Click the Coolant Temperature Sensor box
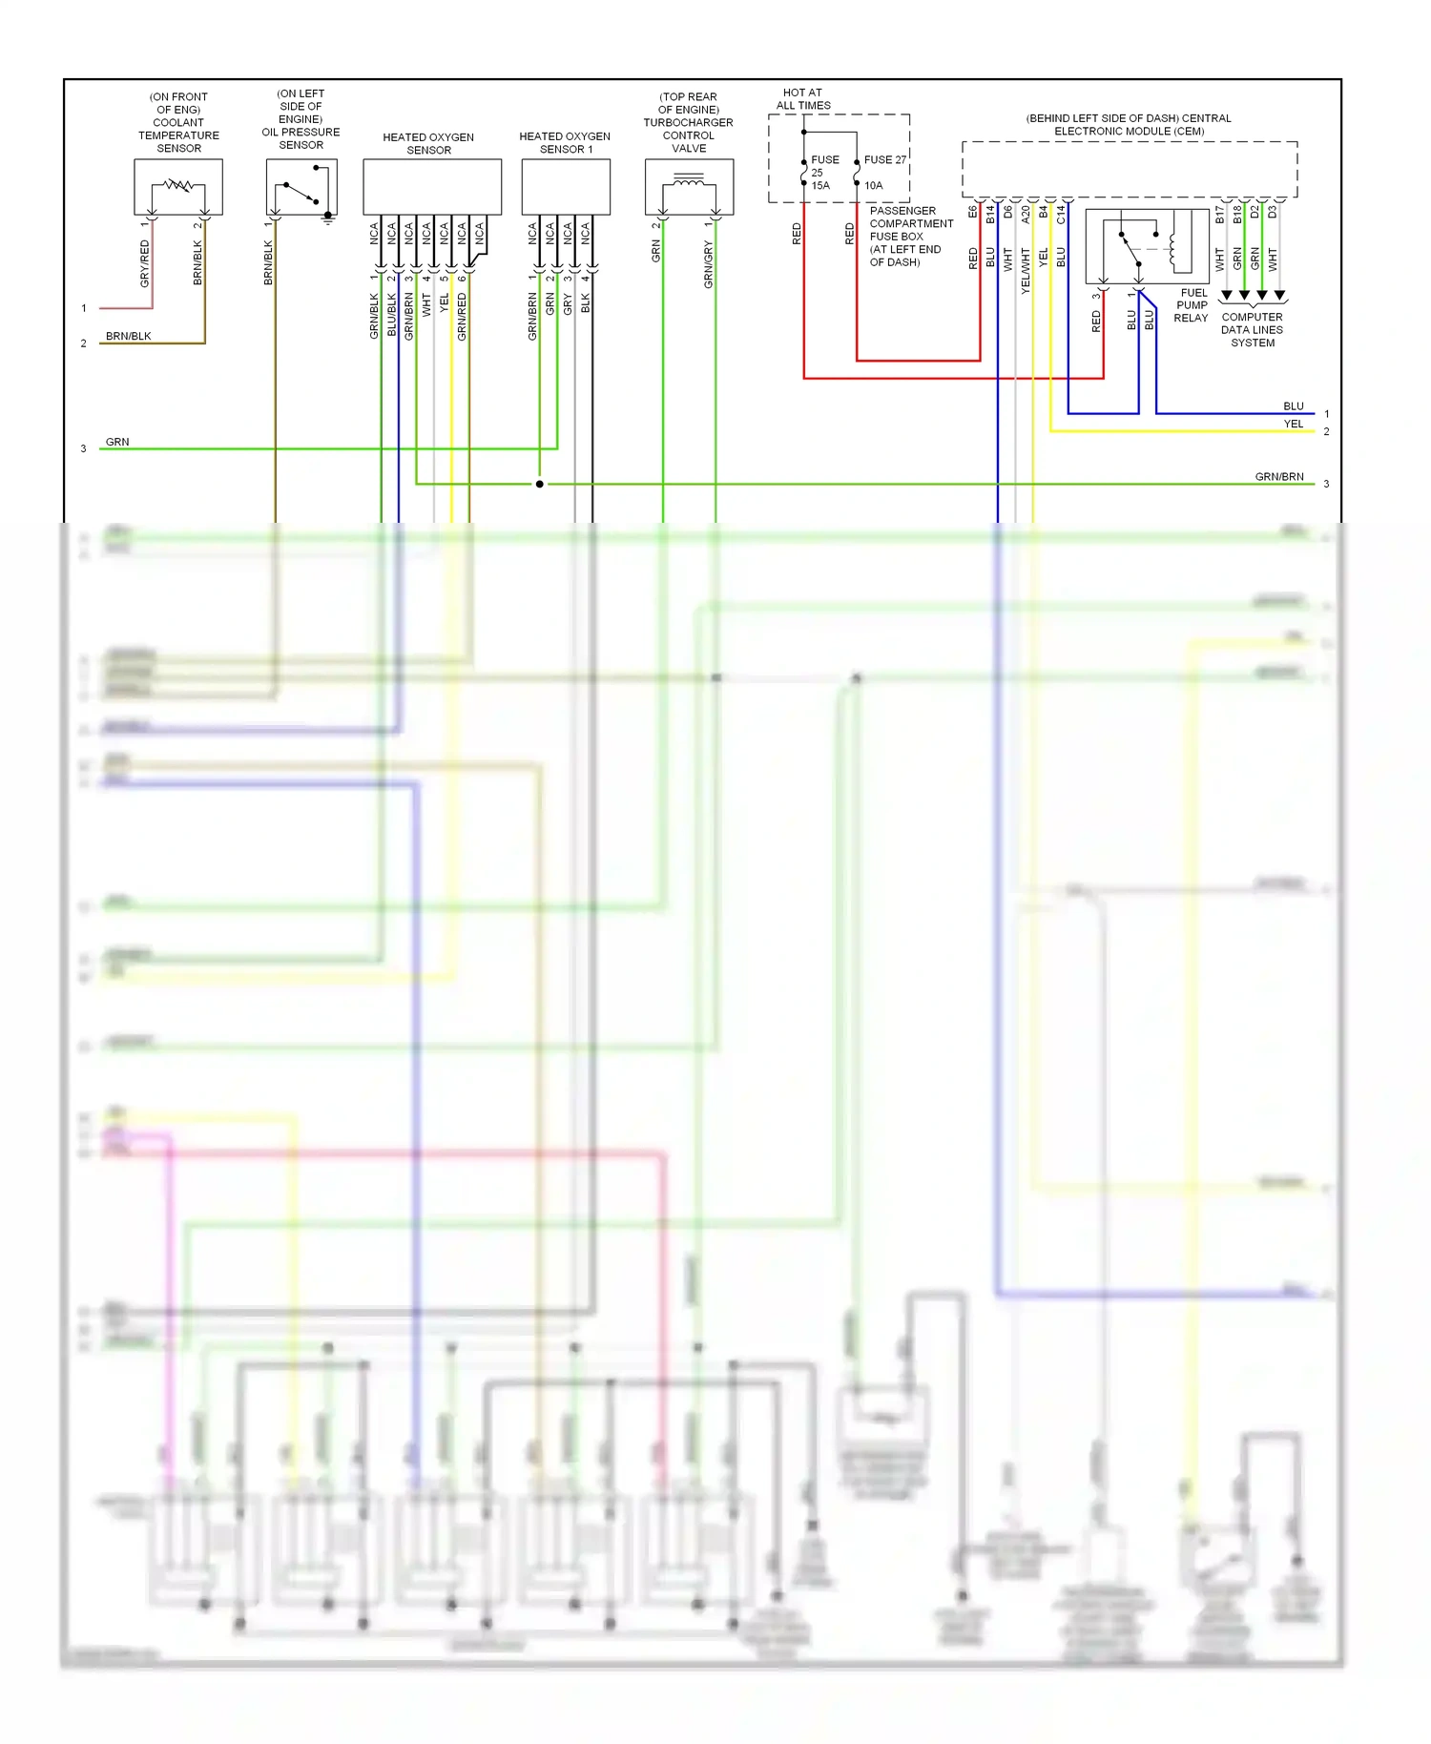click(x=178, y=187)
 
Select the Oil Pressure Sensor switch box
click(x=301, y=187)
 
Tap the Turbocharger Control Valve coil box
click(x=689, y=187)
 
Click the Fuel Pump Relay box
click(x=1148, y=246)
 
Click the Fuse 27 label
click(x=884, y=160)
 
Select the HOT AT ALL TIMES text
click(x=803, y=99)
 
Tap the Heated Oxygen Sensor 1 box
click(x=566, y=187)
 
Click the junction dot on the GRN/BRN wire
click(x=540, y=484)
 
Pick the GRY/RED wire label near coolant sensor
click(x=145, y=263)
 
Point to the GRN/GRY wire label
click(x=709, y=264)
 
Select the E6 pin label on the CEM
click(x=973, y=212)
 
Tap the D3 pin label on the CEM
click(x=1273, y=212)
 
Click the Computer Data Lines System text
click(x=1252, y=330)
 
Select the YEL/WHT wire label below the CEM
click(x=1026, y=270)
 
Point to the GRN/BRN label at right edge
click(x=1278, y=476)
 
